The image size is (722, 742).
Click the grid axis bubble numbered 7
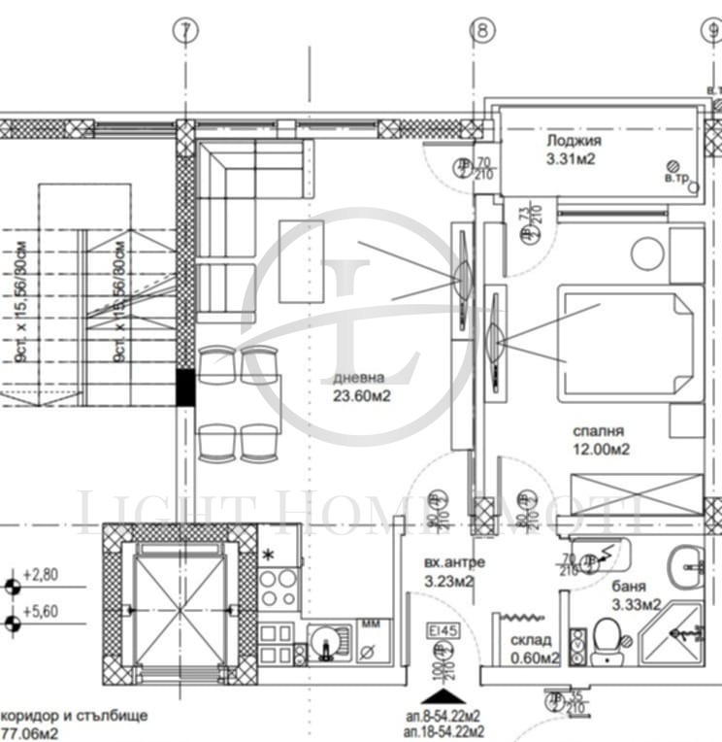pyautogui.click(x=184, y=31)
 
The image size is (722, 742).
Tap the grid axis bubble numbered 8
pyautogui.click(x=482, y=31)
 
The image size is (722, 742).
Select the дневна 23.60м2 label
pyautogui.click(x=359, y=387)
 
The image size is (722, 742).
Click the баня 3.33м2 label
pyautogui.click(x=636, y=595)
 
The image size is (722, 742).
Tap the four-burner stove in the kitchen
pyautogui.click(x=279, y=586)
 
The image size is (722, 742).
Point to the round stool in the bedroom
pyautogui.click(x=647, y=254)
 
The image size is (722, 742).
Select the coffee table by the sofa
pyautogui.click(x=301, y=260)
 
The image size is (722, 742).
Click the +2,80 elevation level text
pyautogui.click(x=42, y=575)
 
